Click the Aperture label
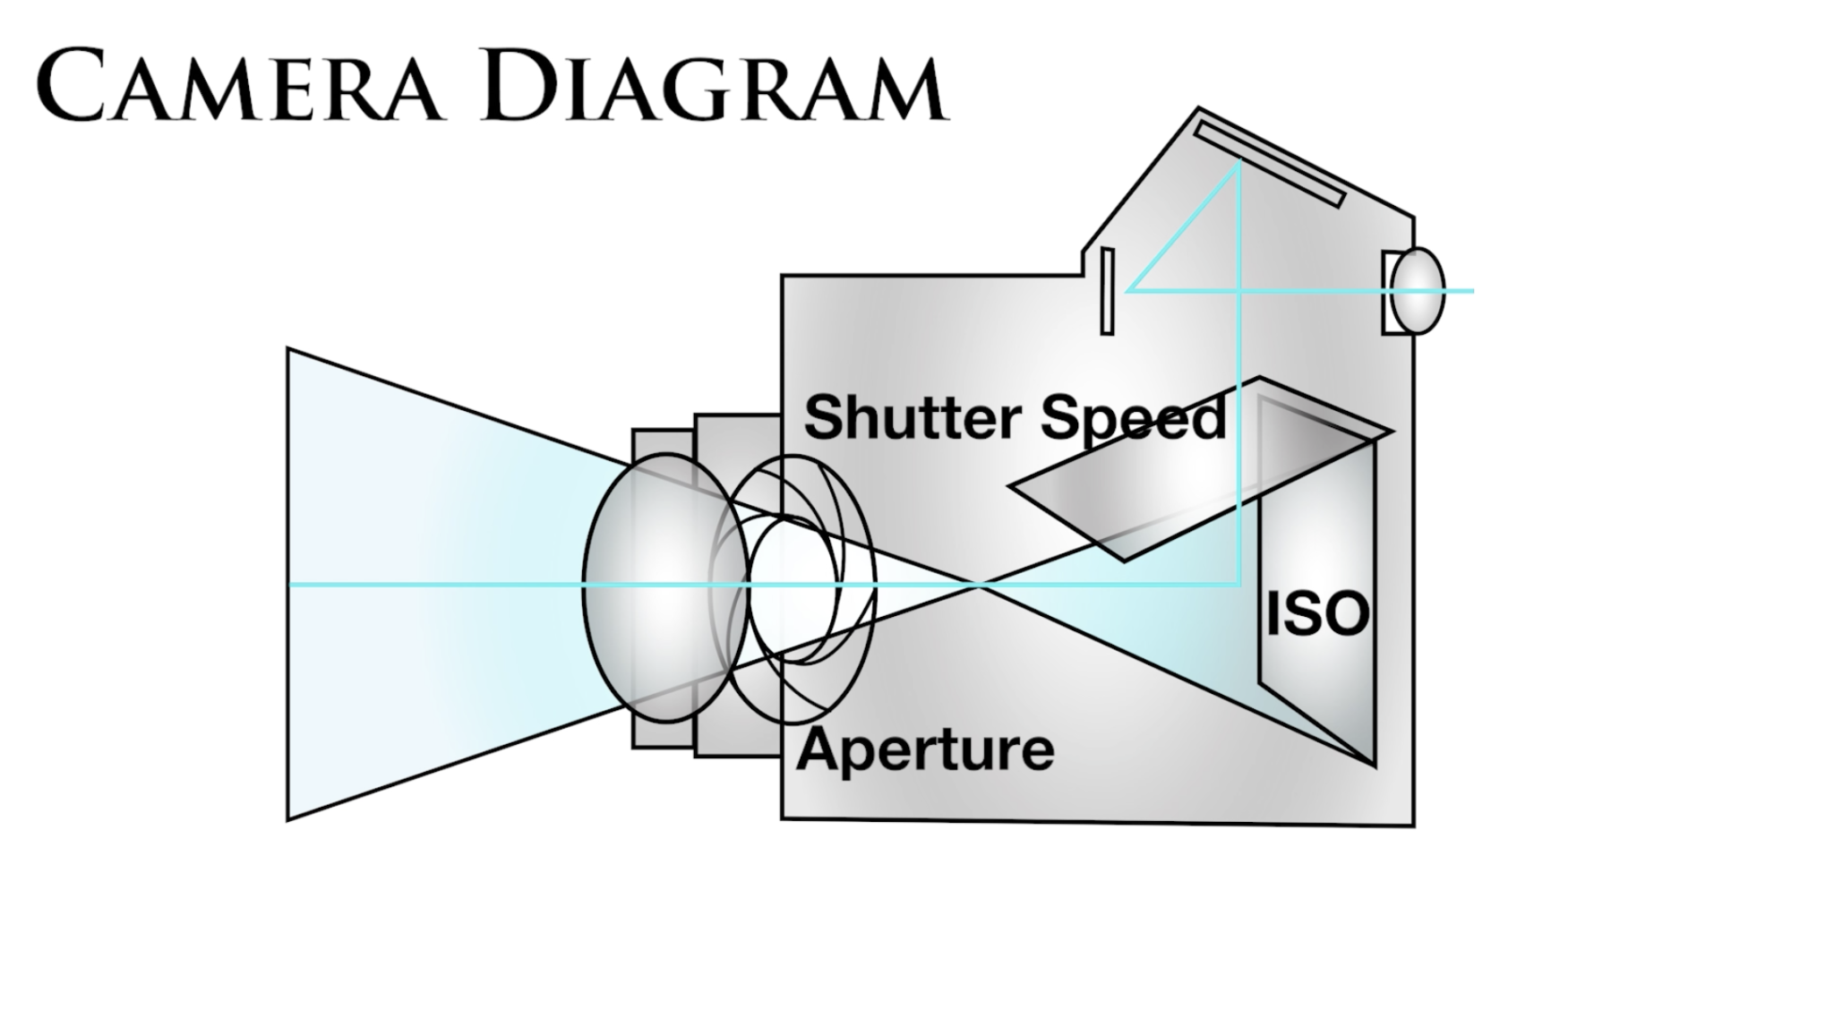925,750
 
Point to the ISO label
1317,615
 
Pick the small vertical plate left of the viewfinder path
1107,291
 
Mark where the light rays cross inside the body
981,586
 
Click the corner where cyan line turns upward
1239,585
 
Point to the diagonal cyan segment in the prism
1182,227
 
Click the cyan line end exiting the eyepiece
1471,291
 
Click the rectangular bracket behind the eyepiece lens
1389,291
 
